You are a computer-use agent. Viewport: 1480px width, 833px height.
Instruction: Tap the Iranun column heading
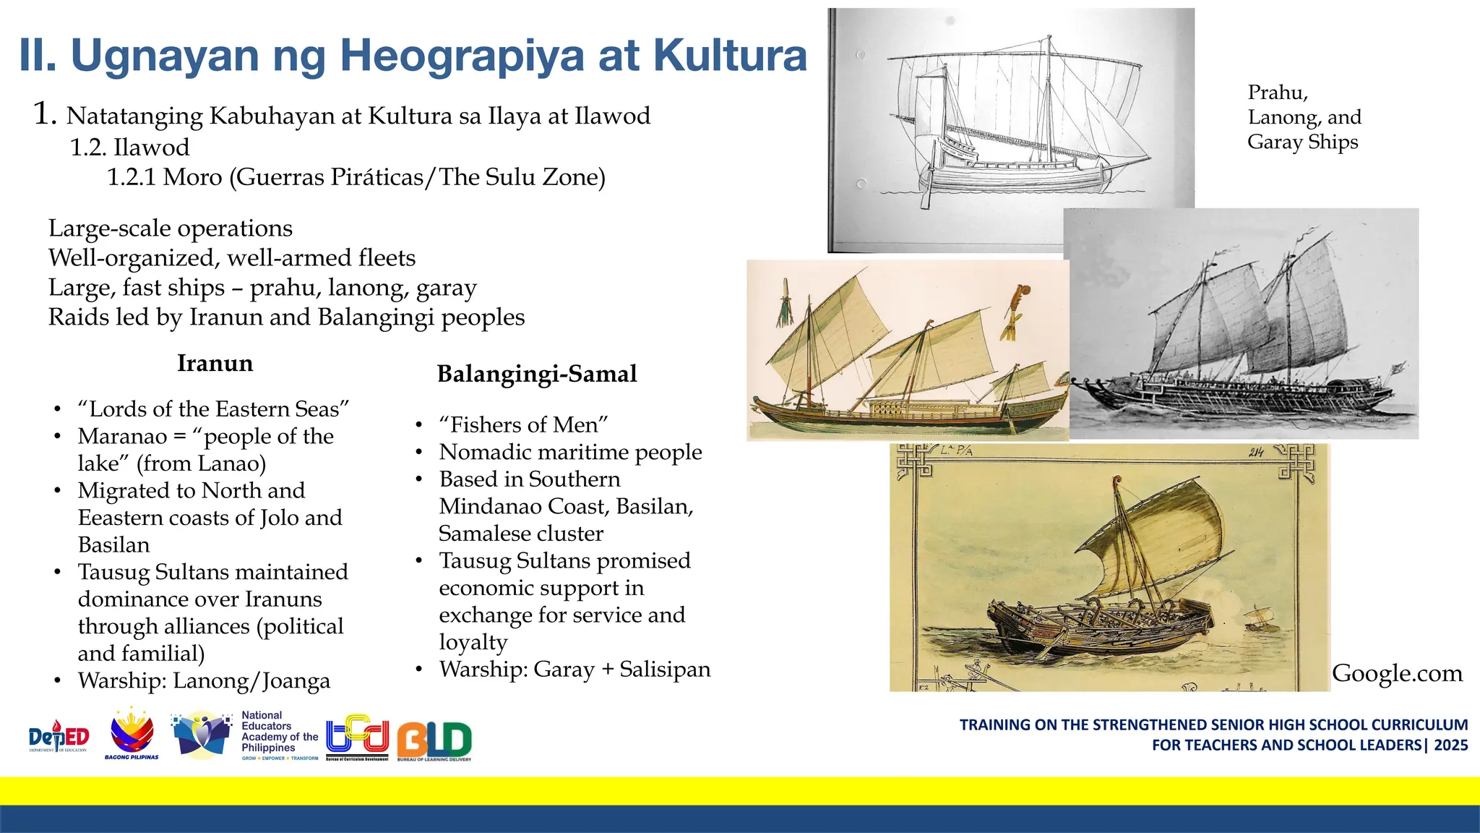[x=215, y=363]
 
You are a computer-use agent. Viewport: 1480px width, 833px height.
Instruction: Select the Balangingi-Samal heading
[x=537, y=374]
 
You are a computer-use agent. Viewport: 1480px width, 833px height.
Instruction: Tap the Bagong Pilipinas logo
[x=132, y=735]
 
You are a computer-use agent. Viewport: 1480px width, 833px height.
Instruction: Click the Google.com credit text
[x=1396, y=673]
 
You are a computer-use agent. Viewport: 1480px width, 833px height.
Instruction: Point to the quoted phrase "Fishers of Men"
[x=523, y=424]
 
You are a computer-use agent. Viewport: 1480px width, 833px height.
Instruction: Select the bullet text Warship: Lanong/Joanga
[x=204, y=680]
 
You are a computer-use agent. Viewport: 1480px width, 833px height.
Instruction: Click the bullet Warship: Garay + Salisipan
[x=575, y=669]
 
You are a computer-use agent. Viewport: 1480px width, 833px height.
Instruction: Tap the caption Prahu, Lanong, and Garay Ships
[x=1304, y=117]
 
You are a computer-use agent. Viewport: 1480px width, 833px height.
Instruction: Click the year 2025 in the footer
[x=1450, y=745]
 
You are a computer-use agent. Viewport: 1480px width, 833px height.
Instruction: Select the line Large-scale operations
[x=171, y=228]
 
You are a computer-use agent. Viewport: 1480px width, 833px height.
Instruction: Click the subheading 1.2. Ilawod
[x=129, y=148]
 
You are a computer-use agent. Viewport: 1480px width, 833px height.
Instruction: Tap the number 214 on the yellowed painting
[x=1255, y=453]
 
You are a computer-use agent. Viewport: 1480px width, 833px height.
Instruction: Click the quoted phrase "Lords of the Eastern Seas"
[x=213, y=409]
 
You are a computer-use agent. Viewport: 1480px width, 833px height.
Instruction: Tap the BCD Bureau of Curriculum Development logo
[x=357, y=737]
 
